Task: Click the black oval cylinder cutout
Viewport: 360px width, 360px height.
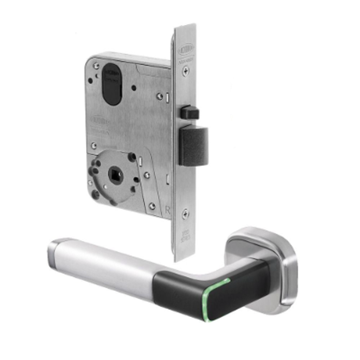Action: [112, 84]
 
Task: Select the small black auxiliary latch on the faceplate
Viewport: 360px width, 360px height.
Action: [189, 113]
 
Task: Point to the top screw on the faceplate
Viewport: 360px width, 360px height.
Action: [185, 71]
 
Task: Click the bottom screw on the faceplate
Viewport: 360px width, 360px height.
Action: [185, 213]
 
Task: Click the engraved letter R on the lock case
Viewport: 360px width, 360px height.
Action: [168, 210]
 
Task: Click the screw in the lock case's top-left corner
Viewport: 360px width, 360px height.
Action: [96, 66]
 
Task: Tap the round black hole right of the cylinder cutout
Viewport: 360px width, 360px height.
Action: [134, 88]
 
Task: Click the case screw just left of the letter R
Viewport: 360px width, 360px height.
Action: [152, 206]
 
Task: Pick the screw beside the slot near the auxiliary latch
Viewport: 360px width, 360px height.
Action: [160, 96]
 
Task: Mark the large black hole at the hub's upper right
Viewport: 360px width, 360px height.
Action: [132, 157]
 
